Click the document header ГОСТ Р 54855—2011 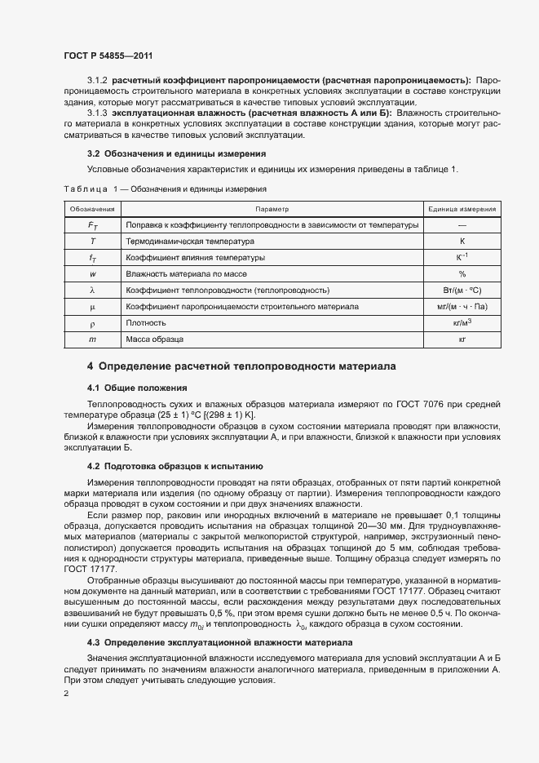coord(108,55)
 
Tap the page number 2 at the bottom coord(66,693)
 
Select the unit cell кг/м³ coord(462,322)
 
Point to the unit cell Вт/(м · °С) coord(462,290)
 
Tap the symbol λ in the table coord(92,290)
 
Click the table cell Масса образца coord(154,339)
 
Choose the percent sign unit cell coord(462,274)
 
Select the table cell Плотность coord(146,322)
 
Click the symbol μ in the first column coord(92,307)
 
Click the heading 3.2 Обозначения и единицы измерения coord(175,153)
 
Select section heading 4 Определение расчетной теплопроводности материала coord(241,366)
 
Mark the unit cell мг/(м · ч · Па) coord(462,307)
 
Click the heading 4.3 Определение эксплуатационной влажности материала coord(219,643)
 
